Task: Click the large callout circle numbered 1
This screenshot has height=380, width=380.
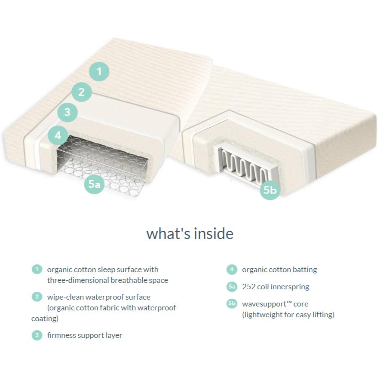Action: tap(99, 71)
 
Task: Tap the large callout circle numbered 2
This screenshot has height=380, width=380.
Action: tap(81, 92)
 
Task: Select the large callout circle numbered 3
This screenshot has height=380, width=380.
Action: tap(67, 112)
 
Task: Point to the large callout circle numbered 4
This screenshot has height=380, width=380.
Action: tap(58, 135)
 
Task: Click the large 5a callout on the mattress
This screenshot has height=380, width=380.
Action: tap(94, 184)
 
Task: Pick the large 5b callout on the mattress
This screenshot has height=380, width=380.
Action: tap(270, 190)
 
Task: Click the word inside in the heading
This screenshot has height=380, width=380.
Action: tap(214, 233)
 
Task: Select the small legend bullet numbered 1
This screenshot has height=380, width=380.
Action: tap(37, 269)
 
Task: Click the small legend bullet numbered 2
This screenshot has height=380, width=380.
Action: tap(37, 297)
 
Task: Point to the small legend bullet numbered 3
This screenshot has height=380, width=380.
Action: tap(37, 335)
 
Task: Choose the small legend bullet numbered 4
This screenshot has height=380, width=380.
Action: tap(232, 269)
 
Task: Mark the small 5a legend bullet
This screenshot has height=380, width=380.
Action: tap(232, 286)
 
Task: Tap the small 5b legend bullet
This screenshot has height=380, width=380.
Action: tap(232, 303)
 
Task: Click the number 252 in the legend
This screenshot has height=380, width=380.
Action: tap(248, 287)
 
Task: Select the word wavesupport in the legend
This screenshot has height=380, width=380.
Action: tap(264, 304)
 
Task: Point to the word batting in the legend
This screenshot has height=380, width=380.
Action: tap(305, 270)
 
